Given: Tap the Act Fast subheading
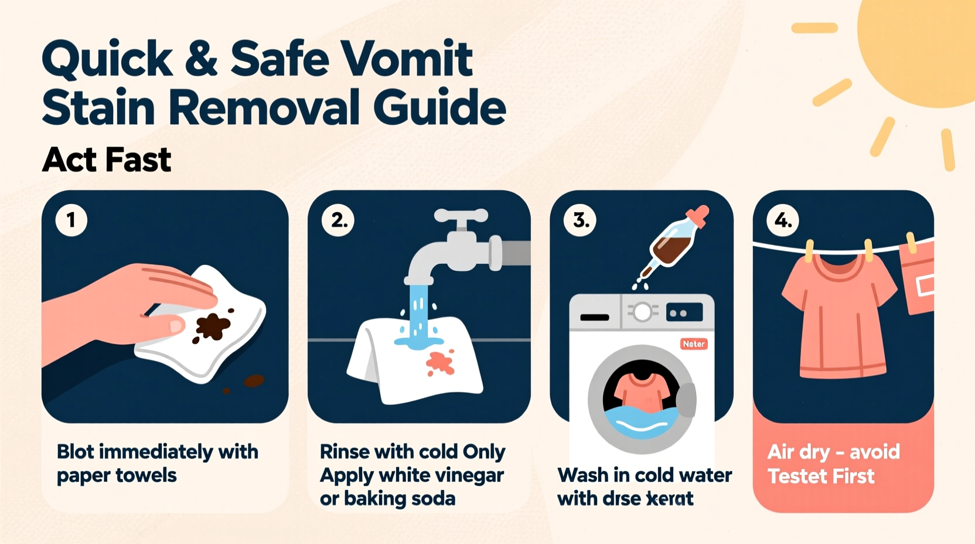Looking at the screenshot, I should point(107,159).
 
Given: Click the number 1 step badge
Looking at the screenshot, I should point(71,220).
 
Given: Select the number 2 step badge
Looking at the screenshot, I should point(338,220).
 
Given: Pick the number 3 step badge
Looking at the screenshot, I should point(580,220).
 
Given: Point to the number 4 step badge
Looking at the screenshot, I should point(783,220).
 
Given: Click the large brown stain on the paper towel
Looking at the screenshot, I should point(212,326).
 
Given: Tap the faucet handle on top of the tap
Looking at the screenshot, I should point(461,216).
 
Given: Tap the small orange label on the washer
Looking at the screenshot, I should point(694,344).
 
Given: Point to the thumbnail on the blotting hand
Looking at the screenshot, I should point(176,325).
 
